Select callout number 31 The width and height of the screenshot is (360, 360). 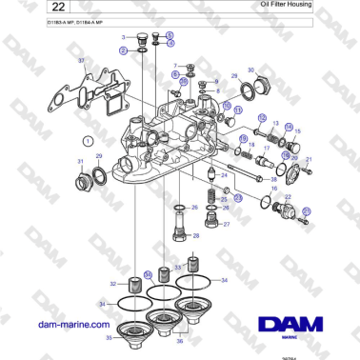pos(79,163)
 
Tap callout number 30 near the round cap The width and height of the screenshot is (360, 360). pos(251,70)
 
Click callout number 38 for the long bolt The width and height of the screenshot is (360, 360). pos(273,179)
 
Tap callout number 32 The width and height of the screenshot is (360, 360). pos(113,284)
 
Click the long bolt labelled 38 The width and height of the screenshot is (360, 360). pos(246,178)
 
